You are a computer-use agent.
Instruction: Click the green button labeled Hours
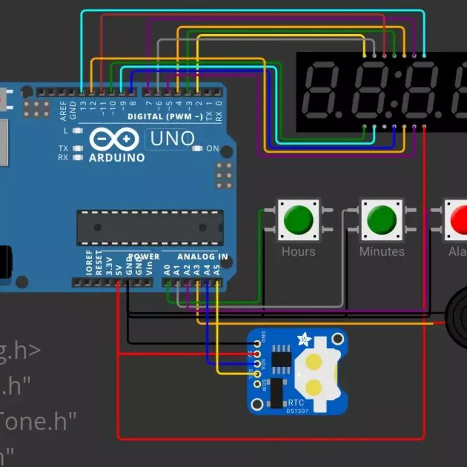coord(298,220)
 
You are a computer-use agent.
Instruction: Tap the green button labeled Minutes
coord(382,220)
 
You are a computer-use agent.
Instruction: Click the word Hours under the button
coord(298,251)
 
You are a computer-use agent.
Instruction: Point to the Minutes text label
coord(382,251)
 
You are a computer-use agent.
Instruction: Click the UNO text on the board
coord(172,139)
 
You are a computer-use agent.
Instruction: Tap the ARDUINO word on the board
coord(116,158)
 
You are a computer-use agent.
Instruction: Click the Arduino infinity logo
coord(114,139)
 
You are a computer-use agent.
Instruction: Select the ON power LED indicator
coord(197,149)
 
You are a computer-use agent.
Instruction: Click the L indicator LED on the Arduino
coord(78,131)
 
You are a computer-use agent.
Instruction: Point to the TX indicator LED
coord(78,149)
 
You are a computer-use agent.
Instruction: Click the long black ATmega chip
coord(150,227)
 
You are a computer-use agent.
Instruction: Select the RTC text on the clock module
coord(296,403)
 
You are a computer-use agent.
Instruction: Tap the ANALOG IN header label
coord(202,257)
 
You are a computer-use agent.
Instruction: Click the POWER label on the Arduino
coord(144,257)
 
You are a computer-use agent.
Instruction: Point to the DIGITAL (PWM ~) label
coord(165,117)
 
